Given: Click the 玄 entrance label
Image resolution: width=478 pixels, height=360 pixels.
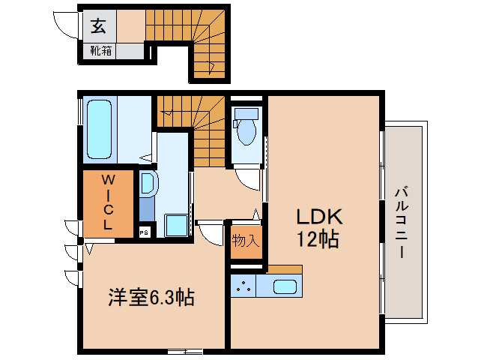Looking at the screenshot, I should coord(97,26).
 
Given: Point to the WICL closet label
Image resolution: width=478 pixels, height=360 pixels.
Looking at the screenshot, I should coord(108,202).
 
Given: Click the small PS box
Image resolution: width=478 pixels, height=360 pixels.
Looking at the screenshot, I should coord(144,232).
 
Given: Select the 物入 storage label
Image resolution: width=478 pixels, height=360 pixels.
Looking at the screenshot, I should coord(245,241).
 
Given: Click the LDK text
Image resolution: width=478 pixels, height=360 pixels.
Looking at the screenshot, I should coord(318,217).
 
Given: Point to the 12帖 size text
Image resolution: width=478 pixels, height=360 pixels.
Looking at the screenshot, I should coord(318,240).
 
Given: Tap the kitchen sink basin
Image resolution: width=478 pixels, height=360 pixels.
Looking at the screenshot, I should coord(285,286).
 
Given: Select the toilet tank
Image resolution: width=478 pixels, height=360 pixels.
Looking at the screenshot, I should coord(246,114).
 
